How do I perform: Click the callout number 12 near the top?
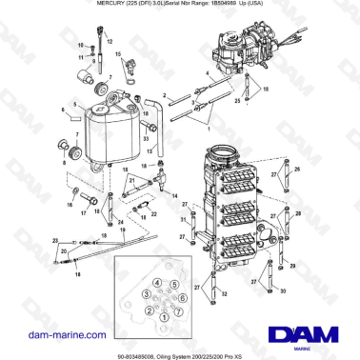[x=108, y=44]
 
